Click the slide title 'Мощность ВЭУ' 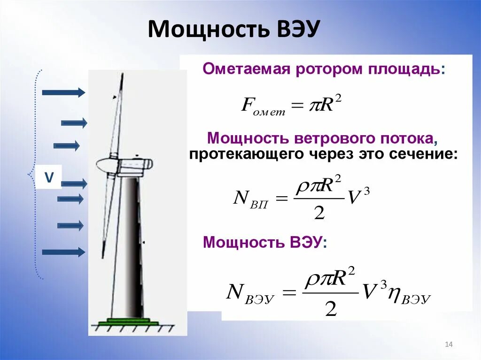click(x=234, y=29)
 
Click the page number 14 click(x=448, y=345)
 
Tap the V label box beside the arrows click(x=49, y=177)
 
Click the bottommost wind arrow click(x=63, y=253)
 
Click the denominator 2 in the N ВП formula click(x=319, y=213)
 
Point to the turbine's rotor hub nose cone click(x=104, y=164)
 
